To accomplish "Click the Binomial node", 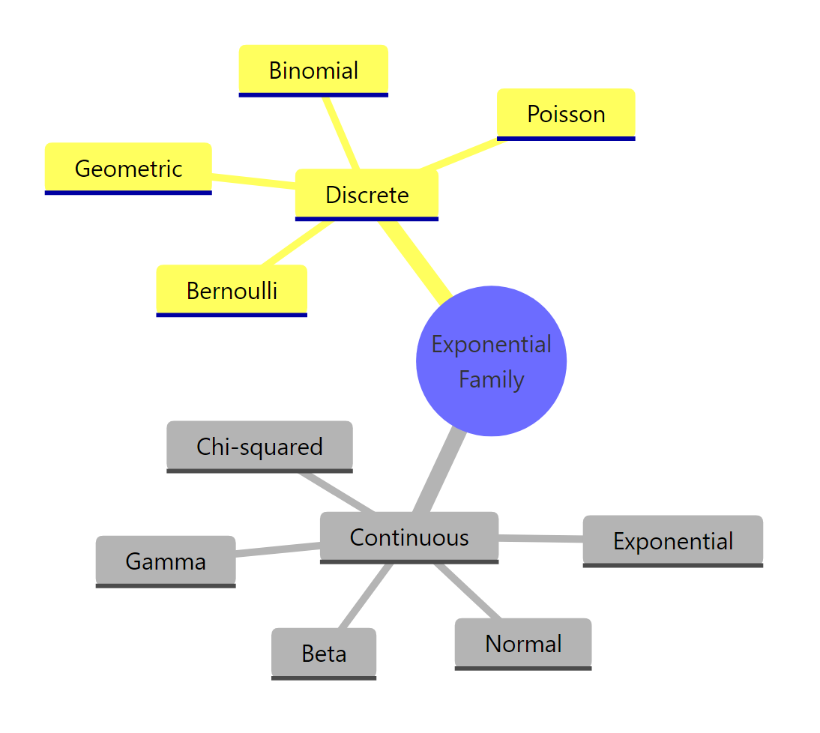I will (x=313, y=70).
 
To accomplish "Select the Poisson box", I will (x=566, y=114).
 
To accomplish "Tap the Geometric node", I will (x=128, y=168).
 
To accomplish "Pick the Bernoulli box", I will (x=232, y=290).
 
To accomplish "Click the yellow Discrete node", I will (x=367, y=195).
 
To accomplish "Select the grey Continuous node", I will (x=409, y=537).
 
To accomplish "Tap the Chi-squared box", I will (x=259, y=446).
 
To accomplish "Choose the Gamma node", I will (x=166, y=561).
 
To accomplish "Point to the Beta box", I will (x=324, y=653).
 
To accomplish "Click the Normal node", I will (x=523, y=643).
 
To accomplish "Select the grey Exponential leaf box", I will (x=672, y=540).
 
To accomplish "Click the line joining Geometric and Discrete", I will (x=253, y=181).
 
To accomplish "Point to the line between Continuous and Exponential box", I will (x=540, y=537).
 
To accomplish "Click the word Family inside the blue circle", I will (x=491, y=379).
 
